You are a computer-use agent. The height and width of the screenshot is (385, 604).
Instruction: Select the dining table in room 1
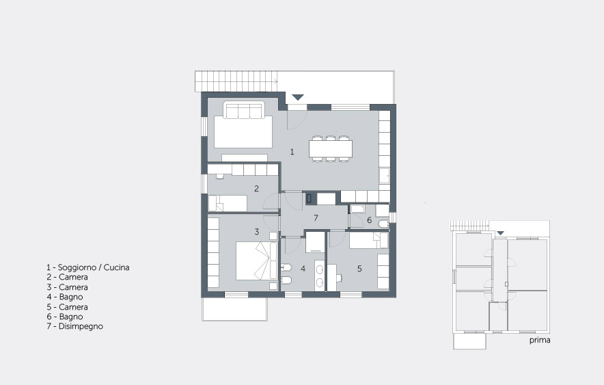coord(331,149)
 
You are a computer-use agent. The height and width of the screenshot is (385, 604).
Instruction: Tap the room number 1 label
coord(292,152)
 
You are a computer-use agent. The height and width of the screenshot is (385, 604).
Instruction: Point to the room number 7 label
coord(316,218)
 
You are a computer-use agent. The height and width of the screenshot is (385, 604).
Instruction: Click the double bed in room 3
coord(256,261)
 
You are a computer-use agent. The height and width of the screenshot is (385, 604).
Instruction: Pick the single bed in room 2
coord(228,203)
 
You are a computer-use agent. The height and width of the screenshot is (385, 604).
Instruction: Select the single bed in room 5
coord(369,240)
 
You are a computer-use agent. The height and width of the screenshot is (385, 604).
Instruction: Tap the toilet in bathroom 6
coord(384,224)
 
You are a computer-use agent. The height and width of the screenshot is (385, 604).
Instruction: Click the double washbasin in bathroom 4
coord(320,275)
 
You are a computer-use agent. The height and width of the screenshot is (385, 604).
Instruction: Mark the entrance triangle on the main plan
coord(298,97)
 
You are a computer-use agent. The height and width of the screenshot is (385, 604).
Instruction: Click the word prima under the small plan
coord(540,341)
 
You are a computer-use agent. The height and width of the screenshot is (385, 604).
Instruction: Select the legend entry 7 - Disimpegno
coord(75,326)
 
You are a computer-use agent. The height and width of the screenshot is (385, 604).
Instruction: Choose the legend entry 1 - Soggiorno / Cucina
coord(88,267)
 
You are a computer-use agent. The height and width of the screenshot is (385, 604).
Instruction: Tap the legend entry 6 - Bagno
coord(65,317)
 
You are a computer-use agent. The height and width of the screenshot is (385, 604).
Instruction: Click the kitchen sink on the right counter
coord(385,176)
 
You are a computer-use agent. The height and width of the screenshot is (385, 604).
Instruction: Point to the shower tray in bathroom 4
coord(315,242)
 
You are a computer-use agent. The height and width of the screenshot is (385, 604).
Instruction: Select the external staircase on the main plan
coord(236,81)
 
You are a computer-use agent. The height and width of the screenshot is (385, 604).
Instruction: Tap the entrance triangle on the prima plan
coord(500,233)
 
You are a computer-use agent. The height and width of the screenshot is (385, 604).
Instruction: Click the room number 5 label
coord(359,269)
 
